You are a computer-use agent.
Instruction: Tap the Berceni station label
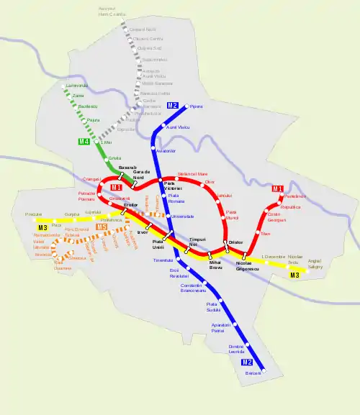252,374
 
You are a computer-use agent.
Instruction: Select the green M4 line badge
85,142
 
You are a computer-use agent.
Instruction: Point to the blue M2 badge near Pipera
173,106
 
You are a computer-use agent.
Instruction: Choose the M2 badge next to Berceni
247,362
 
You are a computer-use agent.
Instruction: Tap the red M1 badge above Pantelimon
278,189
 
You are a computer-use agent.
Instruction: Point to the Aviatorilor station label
166,150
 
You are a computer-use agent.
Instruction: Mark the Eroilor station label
130,205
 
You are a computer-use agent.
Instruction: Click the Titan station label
265,234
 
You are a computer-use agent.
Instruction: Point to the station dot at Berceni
264,370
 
